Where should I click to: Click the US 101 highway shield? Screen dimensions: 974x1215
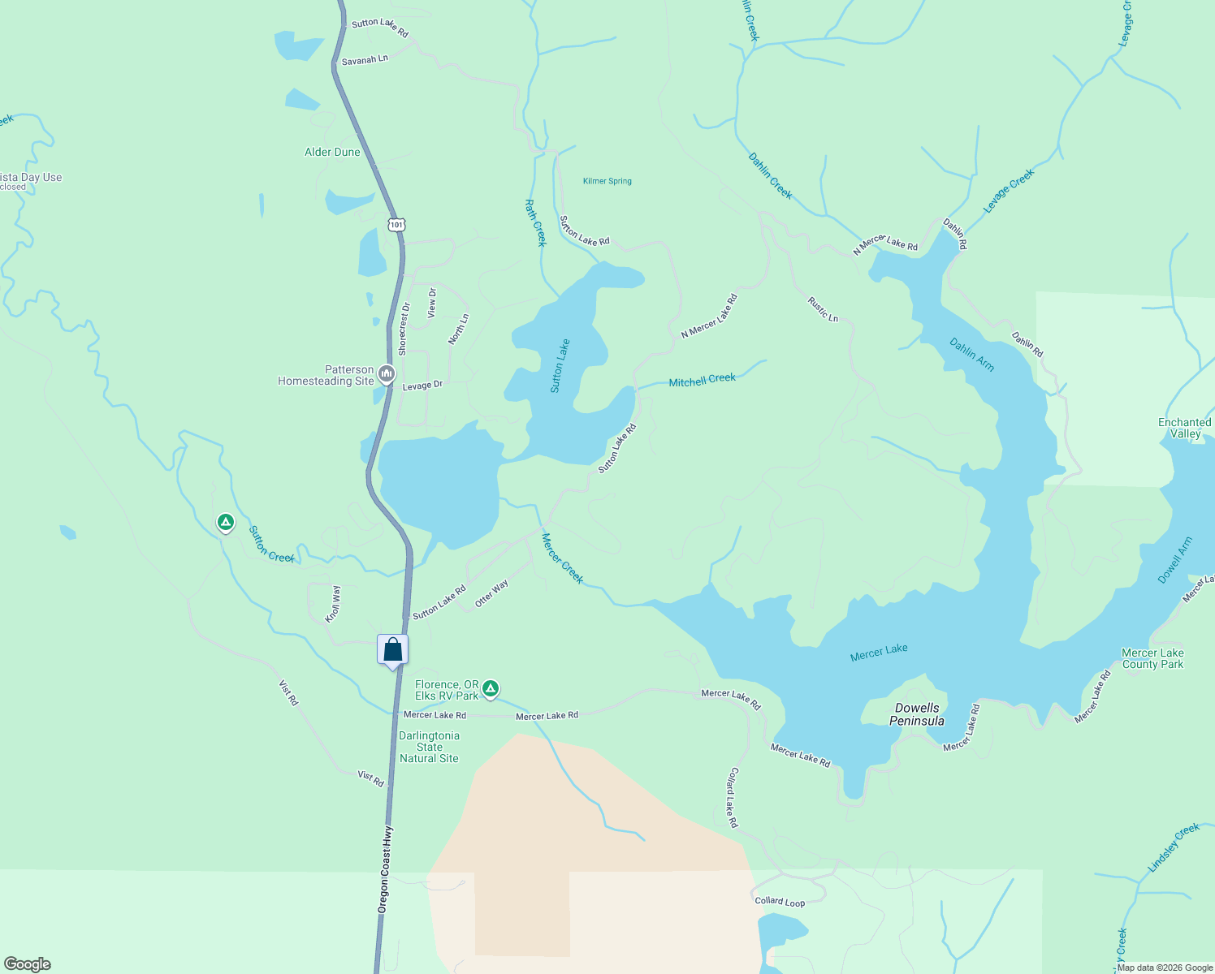click(396, 225)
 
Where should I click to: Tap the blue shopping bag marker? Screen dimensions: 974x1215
click(393, 650)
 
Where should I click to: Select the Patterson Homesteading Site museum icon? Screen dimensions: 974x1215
click(387, 374)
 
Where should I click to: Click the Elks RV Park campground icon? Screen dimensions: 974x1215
click(491, 689)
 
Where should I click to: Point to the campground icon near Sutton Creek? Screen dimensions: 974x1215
click(226, 522)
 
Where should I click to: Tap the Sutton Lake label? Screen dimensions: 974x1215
click(560, 366)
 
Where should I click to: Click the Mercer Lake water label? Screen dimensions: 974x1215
click(879, 652)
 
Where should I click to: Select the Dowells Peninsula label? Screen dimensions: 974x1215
click(917, 714)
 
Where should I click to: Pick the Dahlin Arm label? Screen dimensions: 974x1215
click(972, 355)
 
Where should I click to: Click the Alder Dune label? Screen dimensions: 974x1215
click(332, 152)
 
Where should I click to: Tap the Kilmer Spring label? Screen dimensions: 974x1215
click(607, 181)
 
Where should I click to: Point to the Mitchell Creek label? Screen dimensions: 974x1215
click(702, 379)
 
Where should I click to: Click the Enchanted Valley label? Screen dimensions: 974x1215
click(1185, 428)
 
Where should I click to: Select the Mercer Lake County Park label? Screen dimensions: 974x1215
click(1152, 658)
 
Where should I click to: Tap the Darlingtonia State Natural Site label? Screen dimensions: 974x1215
click(430, 747)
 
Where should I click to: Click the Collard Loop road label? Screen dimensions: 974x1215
click(780, 901)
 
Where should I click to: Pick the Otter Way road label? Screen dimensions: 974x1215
click(491, 593)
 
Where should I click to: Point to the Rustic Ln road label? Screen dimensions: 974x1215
click(823, 309)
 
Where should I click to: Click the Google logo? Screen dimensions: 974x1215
click(27, 964)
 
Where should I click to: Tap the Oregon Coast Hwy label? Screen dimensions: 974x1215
click(385, 870)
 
